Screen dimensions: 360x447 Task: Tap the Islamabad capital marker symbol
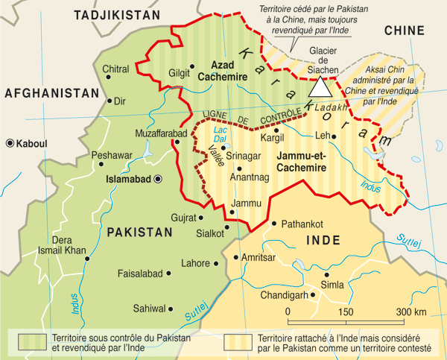(158, 179)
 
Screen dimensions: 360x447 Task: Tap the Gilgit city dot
(192, 66)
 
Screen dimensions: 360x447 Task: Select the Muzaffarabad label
(159, 133)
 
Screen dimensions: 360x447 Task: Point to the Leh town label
(322, 136)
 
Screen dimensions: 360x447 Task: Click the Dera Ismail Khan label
(62, 246)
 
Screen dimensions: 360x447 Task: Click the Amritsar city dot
(235, 257)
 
